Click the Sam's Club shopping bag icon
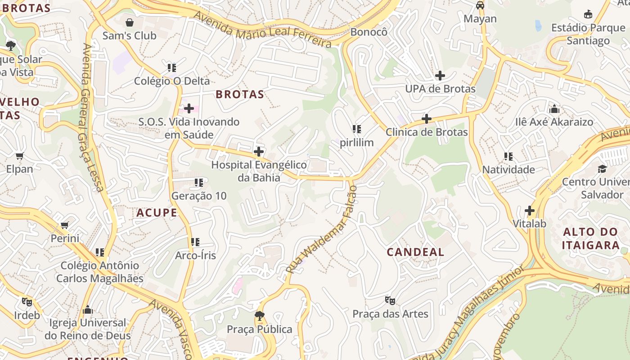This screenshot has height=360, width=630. (x=130, y=22)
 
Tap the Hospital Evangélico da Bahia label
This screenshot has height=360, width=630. (x=259, y=171)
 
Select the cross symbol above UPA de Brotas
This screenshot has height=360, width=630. (x=440, y=76)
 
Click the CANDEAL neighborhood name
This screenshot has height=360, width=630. (x=415, y=252)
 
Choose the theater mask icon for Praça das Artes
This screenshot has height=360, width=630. (x=390, y=300)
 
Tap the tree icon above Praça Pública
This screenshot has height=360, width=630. (x=259, y=316)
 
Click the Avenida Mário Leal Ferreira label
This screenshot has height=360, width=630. (x=263, y=30)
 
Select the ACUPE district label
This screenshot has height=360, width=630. (x=157, y=213)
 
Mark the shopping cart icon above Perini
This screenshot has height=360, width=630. (x=65, y=225)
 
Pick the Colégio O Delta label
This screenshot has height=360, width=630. (x=172, y=81)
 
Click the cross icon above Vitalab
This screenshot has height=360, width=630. (x=530, y=210)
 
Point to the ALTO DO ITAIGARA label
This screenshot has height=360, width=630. (x=590, y=238)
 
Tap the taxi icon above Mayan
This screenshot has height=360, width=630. (x=480, y=5)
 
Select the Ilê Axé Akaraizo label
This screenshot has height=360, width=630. (x=554, y=122)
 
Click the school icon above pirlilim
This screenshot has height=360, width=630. (x=357, y=130)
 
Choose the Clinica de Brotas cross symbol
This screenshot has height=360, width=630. (x=426, y=119)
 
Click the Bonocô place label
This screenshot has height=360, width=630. (x=369, y=32)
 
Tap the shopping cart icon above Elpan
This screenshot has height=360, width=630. (x=19, y=156)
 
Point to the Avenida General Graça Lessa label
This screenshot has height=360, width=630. (x=93, y=117)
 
